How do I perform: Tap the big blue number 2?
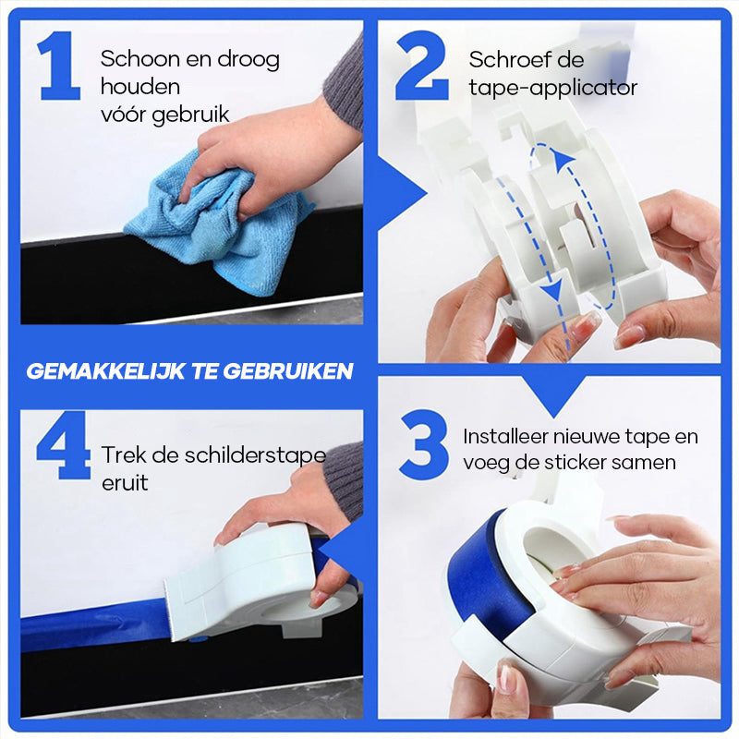tap(422, 67)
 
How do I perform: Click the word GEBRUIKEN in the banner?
tap(296, 371)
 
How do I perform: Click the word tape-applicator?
tap(552, 89)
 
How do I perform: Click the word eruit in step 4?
tap(125, 482)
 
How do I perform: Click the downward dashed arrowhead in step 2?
tap(552, 292)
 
